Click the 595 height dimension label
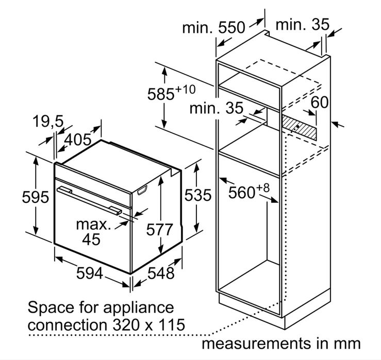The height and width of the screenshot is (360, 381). click(36, 197)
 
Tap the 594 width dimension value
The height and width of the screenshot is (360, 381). click(90, 273)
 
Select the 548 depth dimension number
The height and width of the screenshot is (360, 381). click(161, 273)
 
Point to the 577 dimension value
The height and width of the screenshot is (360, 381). click(159, 229)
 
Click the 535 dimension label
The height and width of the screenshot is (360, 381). click(198, 195)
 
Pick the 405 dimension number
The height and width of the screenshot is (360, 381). click(78, 140)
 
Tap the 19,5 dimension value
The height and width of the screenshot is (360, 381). click(48, 121)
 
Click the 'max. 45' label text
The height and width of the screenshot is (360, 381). click(93, 232)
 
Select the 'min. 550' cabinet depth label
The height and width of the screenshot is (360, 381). click(213, 27)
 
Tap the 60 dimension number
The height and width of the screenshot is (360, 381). click(320, 102)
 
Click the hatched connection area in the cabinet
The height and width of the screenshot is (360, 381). click(300, 127)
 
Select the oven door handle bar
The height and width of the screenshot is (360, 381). click(89, 201)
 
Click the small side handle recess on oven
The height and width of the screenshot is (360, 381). click(142, 191)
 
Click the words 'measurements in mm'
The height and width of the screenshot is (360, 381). click(281, 344)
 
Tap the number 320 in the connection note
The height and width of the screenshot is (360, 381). click(126, 324)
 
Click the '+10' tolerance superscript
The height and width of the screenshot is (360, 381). click(185, 90)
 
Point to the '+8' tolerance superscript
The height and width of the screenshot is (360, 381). click(262, 188)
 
